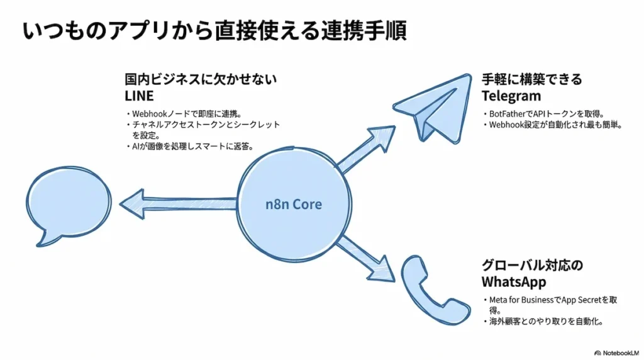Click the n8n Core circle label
click(x=294, y=205)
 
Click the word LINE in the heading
click(x=139, y=96)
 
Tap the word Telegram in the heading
click(x=511, y=96)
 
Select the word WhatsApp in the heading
click(x=514, y=281)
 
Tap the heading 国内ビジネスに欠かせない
click(x=201, y=80)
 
